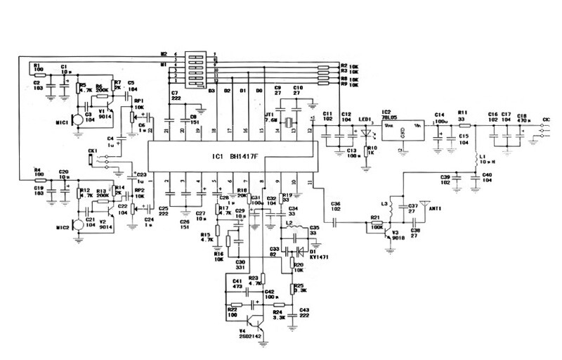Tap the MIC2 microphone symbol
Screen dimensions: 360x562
(77, 229)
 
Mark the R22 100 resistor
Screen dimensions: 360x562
(234, 304)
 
